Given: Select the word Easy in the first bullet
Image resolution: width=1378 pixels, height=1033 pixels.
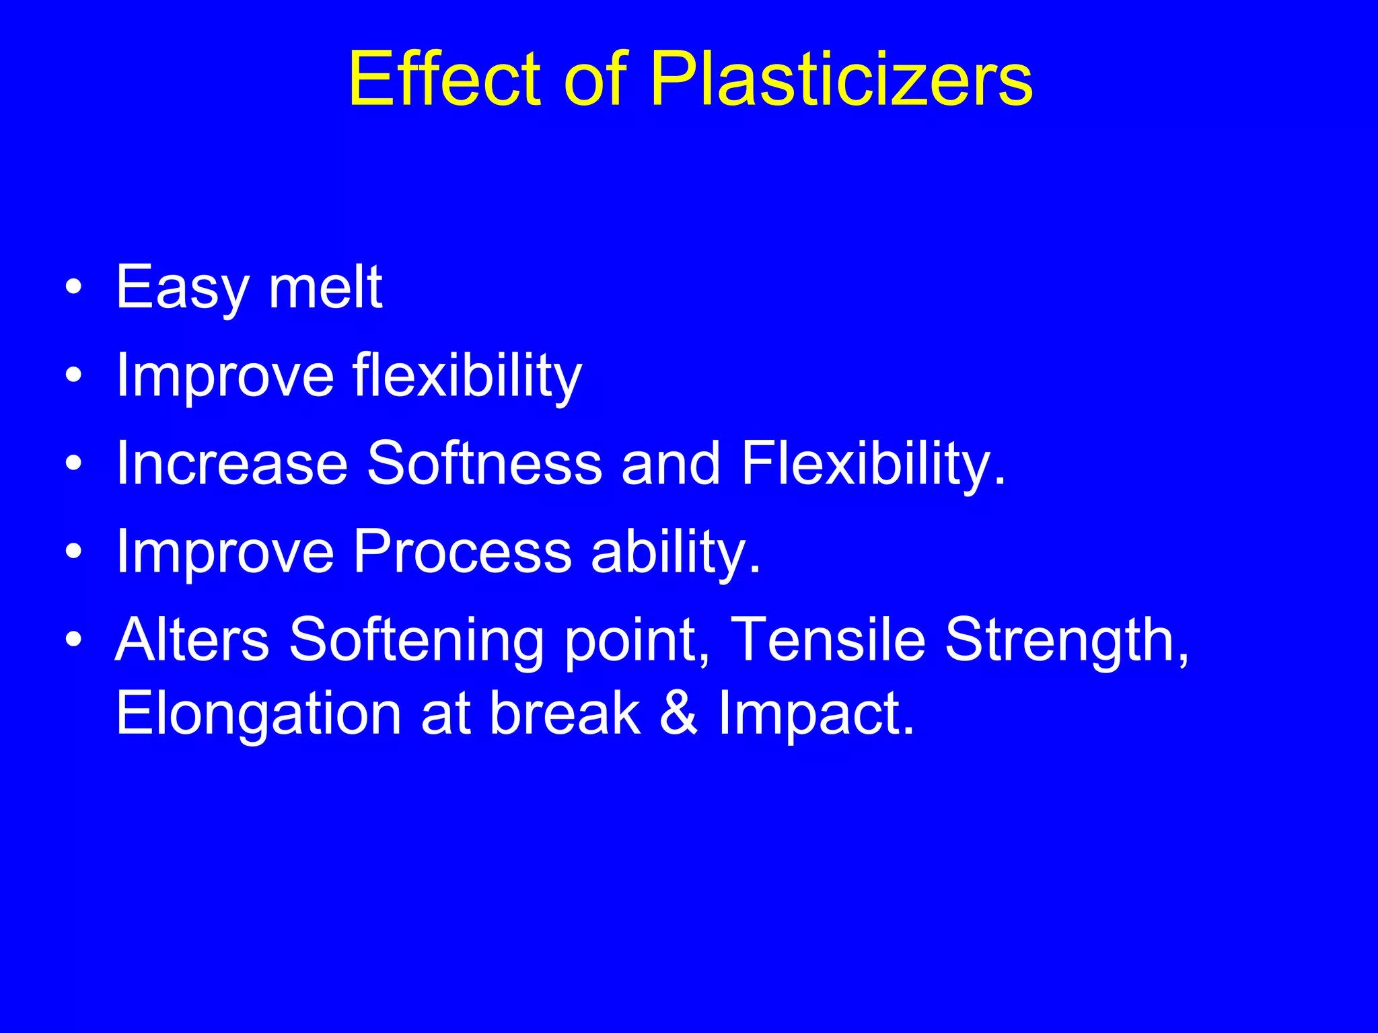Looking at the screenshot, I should click(x=182, y=288).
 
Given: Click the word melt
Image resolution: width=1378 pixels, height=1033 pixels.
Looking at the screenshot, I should click(x=326, y=288).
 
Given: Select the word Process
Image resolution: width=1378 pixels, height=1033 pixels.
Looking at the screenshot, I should click(x=462, y=551).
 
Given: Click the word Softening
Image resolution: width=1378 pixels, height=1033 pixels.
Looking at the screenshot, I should click(x=416, y=640).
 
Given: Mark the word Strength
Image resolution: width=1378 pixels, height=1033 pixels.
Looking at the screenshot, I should click(x=1066, y=640).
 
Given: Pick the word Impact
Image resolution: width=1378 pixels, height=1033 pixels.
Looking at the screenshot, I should click(x=816, y=714).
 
